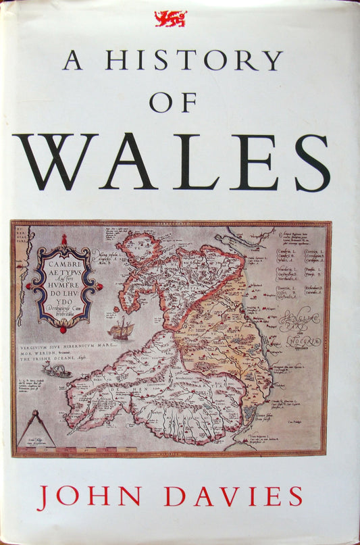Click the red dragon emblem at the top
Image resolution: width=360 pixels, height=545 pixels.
(170, 18)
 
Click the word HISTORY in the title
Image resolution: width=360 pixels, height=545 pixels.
(193, 61)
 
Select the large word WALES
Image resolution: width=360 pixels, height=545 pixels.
(171, 162)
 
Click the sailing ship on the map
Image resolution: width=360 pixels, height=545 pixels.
(122, 330)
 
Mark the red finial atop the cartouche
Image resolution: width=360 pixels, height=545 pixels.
(64, 240)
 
